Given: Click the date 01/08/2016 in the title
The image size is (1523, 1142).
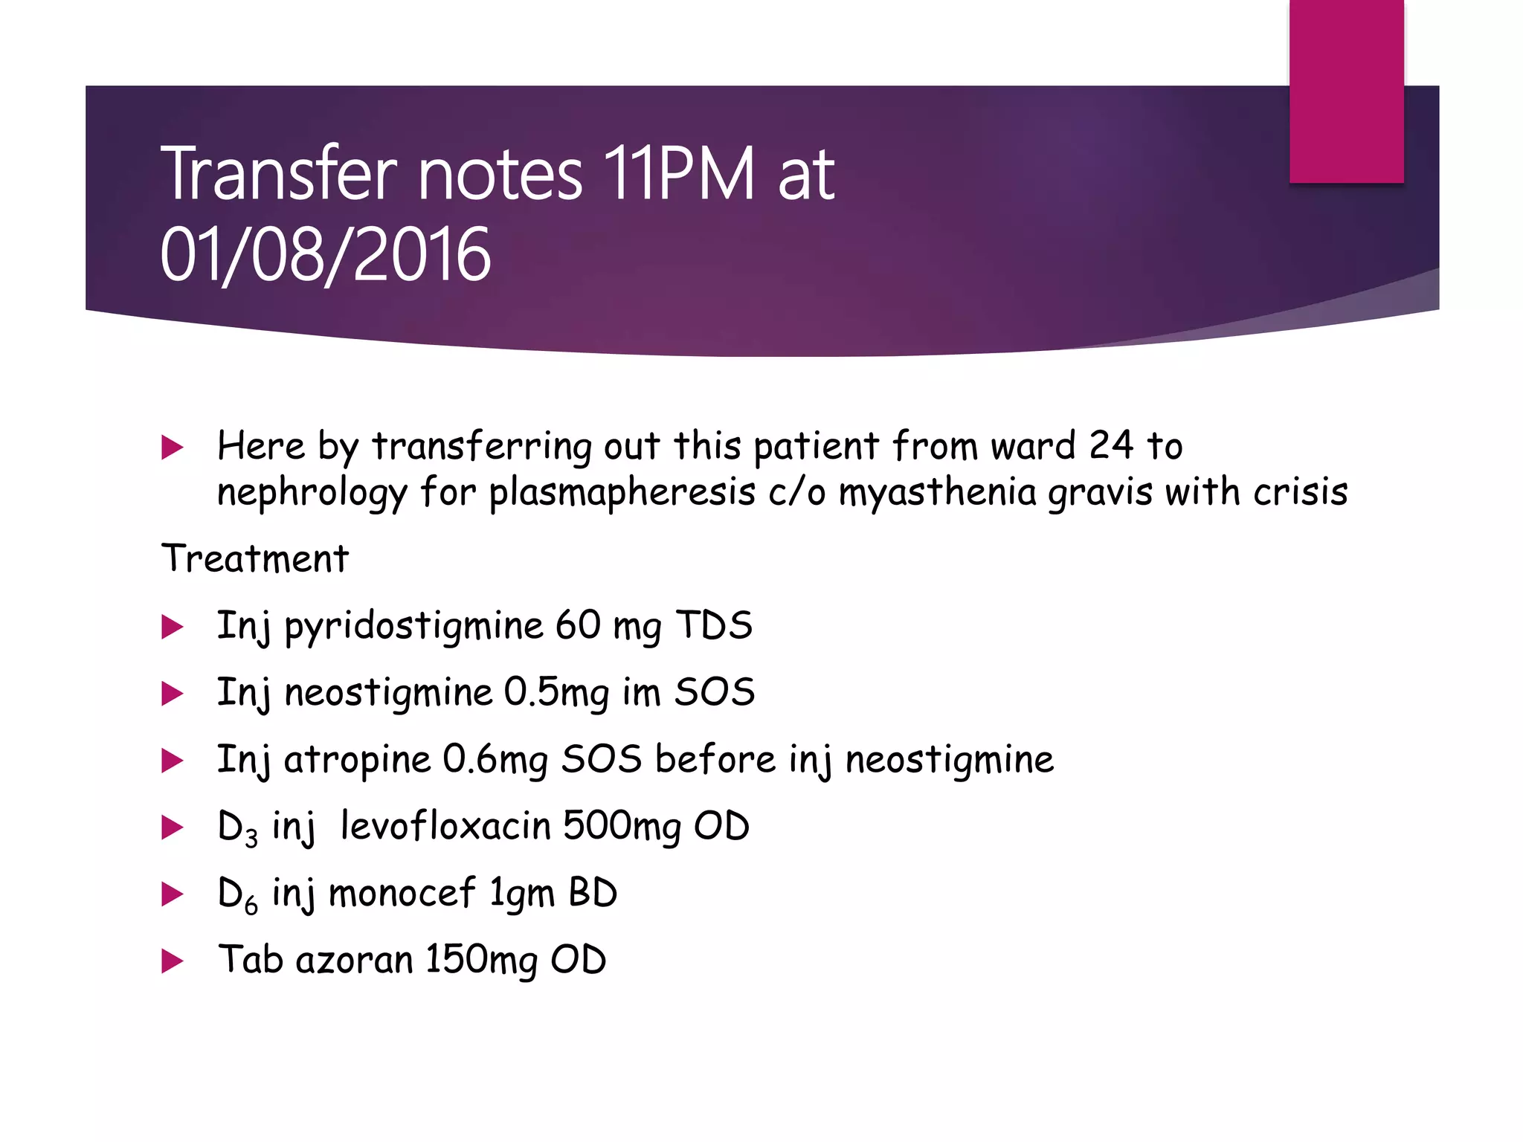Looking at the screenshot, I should click(x=325, y=255).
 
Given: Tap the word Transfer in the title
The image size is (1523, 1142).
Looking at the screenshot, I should click(x=279, y=174).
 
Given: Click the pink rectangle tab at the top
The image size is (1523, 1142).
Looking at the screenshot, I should click(x=1346, y=91).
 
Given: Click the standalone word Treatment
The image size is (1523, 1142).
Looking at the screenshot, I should click(x=255, y=558).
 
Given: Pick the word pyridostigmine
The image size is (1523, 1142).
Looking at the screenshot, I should click(x=413, y=627).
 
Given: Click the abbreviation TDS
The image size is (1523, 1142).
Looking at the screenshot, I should click(x=714, y=625).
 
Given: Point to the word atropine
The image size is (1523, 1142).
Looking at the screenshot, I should click(x=357, y=761).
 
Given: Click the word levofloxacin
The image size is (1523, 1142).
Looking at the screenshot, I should click(x=445, y=826).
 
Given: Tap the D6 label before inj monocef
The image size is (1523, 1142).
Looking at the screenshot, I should click(x=237, y=894).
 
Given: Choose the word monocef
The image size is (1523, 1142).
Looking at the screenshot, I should click(x=402, y=893).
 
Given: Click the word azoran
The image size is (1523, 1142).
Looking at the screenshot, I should click(x=354, y=960).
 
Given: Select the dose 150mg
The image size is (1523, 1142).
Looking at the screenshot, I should click(x=480, y=961).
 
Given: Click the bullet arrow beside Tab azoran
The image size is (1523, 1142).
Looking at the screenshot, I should click(x=172, y=961).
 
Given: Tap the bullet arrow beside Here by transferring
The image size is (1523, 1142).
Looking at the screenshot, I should click(x=172, y=448).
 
